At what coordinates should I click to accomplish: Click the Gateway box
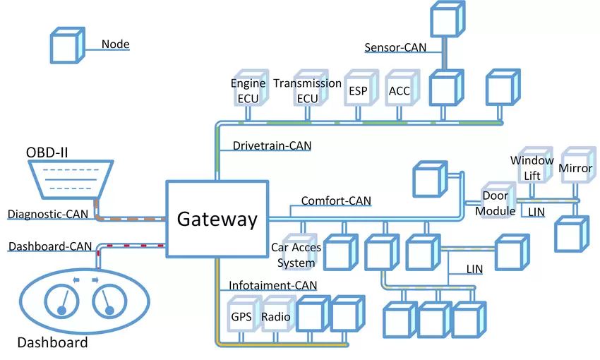click(x=217, y=218)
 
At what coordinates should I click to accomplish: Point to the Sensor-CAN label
click(x=395, y=48)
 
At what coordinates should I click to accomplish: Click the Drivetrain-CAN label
click(x=272, y=145)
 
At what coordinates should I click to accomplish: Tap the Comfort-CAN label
click(x=336, y=201)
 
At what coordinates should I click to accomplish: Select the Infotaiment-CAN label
click(x=272, y=285)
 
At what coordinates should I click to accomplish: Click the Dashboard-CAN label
click(x=49, y=246)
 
